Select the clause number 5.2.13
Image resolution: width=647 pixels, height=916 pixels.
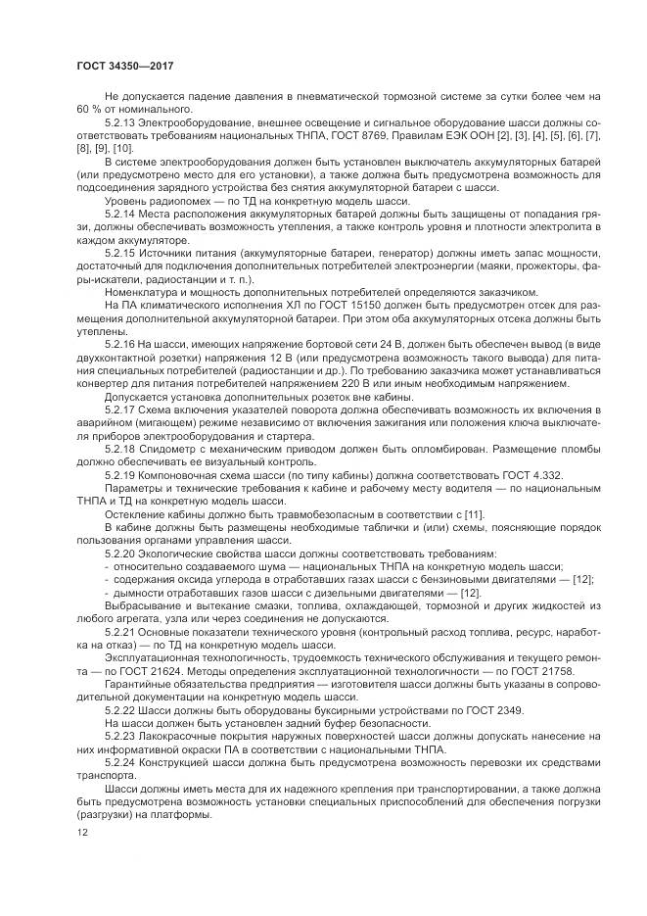[120, 121]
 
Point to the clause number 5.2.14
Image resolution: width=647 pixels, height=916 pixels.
[120, 212]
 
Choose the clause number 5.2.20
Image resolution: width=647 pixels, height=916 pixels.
[120, 554]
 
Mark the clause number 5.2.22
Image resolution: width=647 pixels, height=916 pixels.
[120, 708]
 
